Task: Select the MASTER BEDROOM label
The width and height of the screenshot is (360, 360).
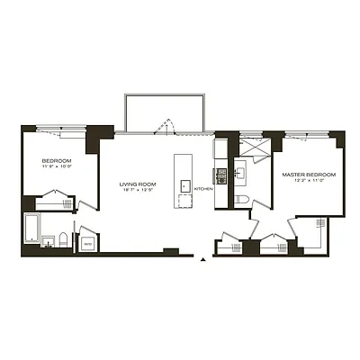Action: [309, 174]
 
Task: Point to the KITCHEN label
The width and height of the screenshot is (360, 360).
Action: [204, 189]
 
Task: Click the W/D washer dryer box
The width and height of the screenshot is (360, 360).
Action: [87, 243]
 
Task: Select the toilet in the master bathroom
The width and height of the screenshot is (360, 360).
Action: [243, 201]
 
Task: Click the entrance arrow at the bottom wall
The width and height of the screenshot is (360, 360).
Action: [206, 261]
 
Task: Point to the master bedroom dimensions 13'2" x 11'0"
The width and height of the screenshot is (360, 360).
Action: [309, 181]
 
